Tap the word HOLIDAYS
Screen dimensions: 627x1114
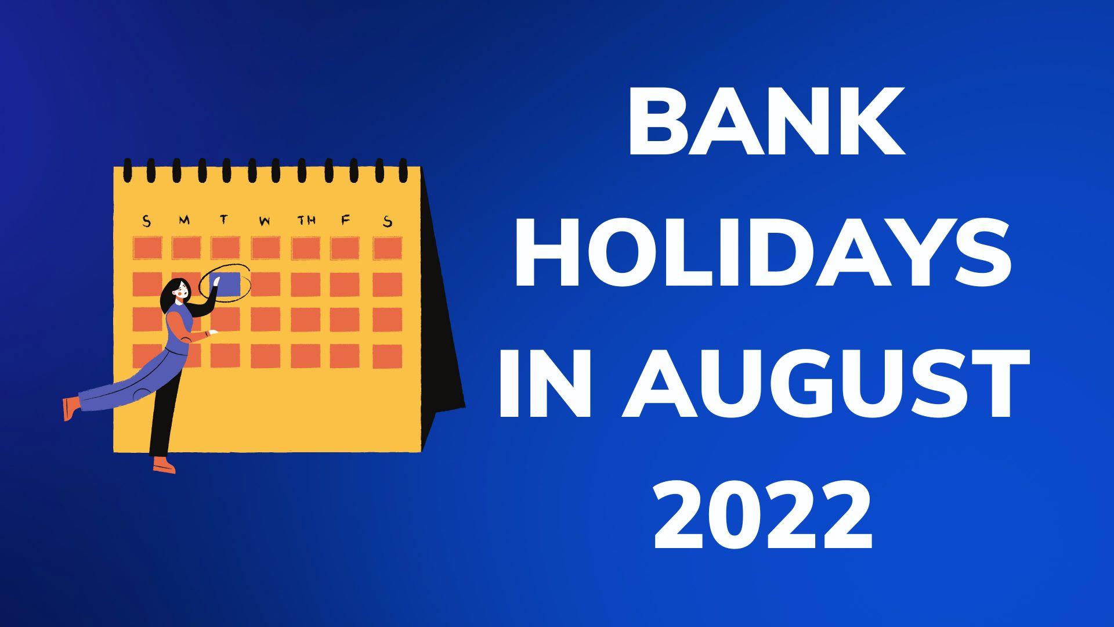[x=762, y=255]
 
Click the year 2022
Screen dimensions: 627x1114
[x=764, y=516]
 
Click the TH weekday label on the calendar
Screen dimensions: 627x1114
[x=306, y=221]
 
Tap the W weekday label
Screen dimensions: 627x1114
[x=265, y=221]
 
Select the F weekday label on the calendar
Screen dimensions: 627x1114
[x=346, y=221]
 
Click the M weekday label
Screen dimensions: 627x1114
[x=185, y=221]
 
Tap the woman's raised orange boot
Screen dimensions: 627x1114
[x=70, y=408]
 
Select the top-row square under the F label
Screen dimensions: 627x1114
[x=345, y=248]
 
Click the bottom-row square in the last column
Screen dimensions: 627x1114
[x=387, y=356]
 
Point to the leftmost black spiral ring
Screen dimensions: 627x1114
[x=126, y=170]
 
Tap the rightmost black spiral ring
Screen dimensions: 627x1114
[x=404, y=170]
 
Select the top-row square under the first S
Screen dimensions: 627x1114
[x=147, y=248]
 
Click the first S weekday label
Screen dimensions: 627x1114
[x=146, y=221]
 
